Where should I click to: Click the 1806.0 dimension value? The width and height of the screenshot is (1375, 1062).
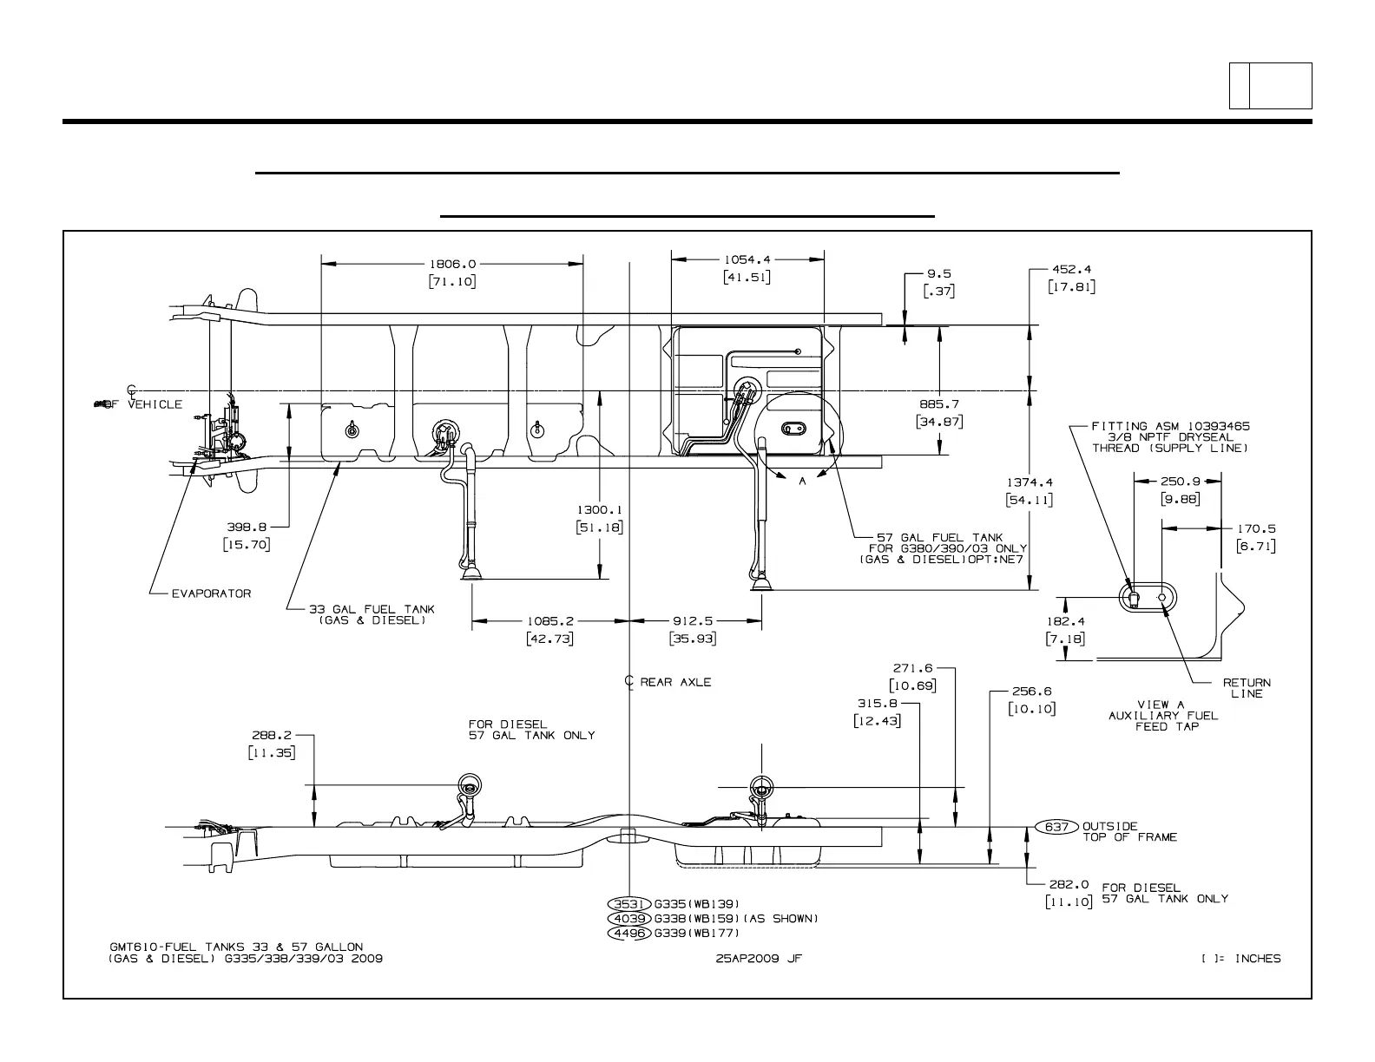(452, 263)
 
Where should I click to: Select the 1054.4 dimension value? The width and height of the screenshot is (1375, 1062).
(747, 259)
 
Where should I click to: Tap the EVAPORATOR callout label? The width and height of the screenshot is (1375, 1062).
(211, 593)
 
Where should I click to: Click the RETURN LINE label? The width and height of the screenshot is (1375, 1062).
(1247, 688)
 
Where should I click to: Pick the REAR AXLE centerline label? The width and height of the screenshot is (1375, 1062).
(674, 682)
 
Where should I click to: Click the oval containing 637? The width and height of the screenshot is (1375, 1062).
(1056, 827)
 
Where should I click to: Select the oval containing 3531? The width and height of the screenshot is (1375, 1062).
(629, 904)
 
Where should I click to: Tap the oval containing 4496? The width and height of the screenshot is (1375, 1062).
(629, 934)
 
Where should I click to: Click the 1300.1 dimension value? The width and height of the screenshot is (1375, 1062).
(599, 510)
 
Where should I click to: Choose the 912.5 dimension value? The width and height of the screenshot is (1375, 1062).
(692, 620)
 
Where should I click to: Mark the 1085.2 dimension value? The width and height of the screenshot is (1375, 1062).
(549, 620)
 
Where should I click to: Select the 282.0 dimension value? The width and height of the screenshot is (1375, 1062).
(1069, 885)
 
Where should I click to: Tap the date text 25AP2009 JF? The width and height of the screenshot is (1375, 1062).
(753, 959)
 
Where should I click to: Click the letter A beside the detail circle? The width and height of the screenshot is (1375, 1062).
(803, 482)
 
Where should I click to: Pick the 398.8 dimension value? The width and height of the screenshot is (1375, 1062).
(246, 526)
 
